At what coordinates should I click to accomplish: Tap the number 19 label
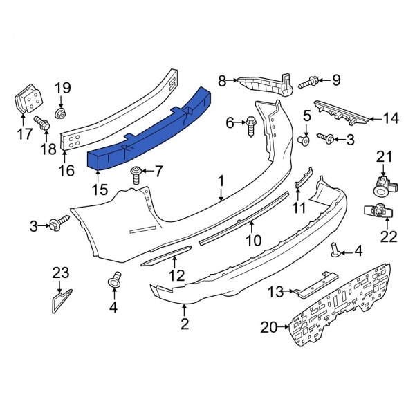click(x=63, y=88)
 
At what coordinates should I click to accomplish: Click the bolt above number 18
click(x=43, y=126)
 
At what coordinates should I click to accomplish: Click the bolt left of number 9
click(x=308, y=83)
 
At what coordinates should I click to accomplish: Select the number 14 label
click(x=391, y=118)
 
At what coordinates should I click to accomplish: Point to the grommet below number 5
click(x=302, y=141)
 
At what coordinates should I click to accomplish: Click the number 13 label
click(x=275, y=293)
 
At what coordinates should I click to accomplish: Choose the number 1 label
click(x=221, y=182)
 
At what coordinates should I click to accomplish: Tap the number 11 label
click(x=298, y=207)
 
